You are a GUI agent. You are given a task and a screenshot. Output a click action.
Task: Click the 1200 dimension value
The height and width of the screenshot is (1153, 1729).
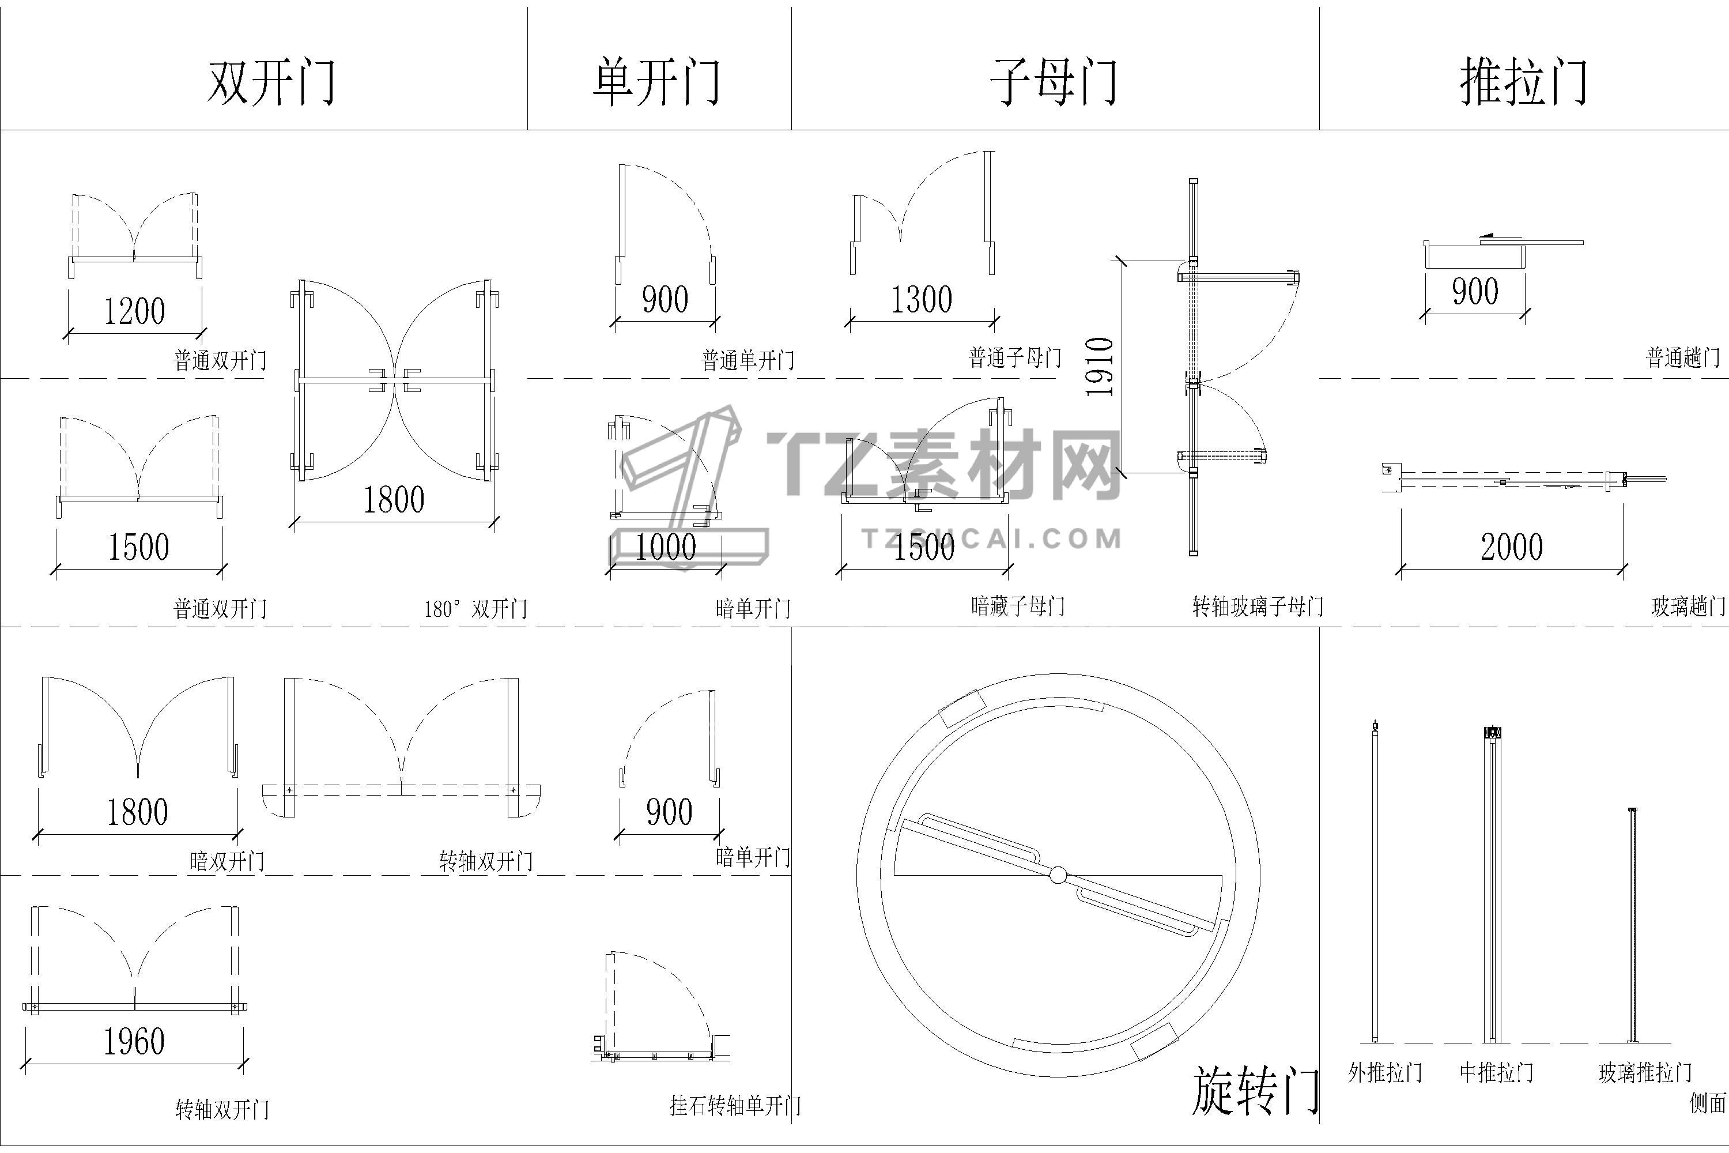click(134, 311)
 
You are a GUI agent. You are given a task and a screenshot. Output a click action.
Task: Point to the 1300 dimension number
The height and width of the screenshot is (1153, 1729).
click(922, 299)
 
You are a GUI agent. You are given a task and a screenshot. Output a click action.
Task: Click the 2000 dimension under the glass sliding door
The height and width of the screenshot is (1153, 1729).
click(1511, 547)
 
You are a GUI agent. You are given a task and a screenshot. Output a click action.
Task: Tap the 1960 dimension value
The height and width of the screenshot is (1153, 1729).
click(134, 1042)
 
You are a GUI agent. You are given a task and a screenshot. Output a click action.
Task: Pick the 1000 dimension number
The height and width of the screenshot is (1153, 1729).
click(665, 547)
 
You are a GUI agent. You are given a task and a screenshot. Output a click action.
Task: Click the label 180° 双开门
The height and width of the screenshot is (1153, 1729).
click(475, 609)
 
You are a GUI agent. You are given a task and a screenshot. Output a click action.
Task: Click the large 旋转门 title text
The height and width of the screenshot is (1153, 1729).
click(1254, 1091)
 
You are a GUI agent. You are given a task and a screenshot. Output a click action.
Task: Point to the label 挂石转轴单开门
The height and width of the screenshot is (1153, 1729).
click(735, 1106)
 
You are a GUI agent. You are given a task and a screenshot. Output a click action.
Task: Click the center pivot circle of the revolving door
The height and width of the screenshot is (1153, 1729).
click(1058, 875)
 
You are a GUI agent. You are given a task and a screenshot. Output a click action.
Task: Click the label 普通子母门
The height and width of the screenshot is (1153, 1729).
click(1014, 358)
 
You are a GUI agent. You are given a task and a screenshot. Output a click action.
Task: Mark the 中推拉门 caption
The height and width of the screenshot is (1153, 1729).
click(1496, 1073)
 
